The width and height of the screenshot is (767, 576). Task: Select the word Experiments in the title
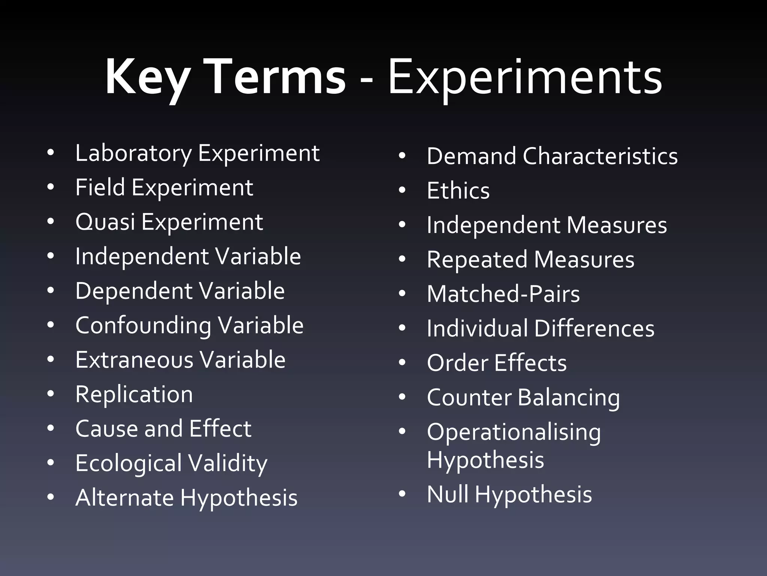point(525,78)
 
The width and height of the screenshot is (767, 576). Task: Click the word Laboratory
point(133,153)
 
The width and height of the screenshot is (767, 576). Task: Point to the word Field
point(100,187)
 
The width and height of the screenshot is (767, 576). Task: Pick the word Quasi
point(105,222)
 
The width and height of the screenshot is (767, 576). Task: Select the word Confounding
point(143,325)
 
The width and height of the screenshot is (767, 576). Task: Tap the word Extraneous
point(134,360)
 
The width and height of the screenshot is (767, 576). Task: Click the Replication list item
point(134,394)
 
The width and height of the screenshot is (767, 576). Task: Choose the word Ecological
point(128,463)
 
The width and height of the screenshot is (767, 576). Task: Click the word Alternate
point(124,498)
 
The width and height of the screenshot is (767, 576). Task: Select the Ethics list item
point(458,190)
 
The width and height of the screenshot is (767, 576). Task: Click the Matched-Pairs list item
point(503,294)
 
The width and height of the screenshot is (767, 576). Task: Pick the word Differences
point(594,328)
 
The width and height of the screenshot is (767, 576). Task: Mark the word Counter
point(469,397)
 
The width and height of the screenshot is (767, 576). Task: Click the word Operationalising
point(514,432)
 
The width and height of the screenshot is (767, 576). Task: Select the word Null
point(448,494)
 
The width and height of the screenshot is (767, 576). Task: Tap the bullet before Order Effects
point(402,363)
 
